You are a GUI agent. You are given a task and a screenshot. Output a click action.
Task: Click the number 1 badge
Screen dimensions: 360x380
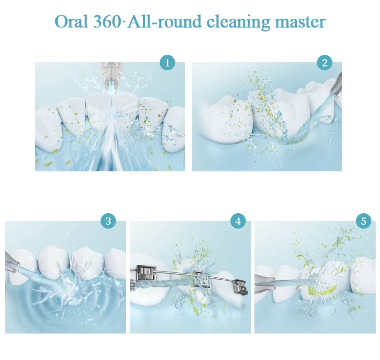click(167, 63)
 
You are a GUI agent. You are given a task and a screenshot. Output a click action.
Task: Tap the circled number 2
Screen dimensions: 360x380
click(325, 63)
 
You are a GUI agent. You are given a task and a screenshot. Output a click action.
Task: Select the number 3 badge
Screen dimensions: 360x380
click(108, 221)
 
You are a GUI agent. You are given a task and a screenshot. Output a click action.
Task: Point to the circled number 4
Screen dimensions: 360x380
click(238, 221)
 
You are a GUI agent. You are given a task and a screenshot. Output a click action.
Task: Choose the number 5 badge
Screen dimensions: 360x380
click(363, 221)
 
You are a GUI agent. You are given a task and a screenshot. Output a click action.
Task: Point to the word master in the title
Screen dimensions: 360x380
click(302, 22)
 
